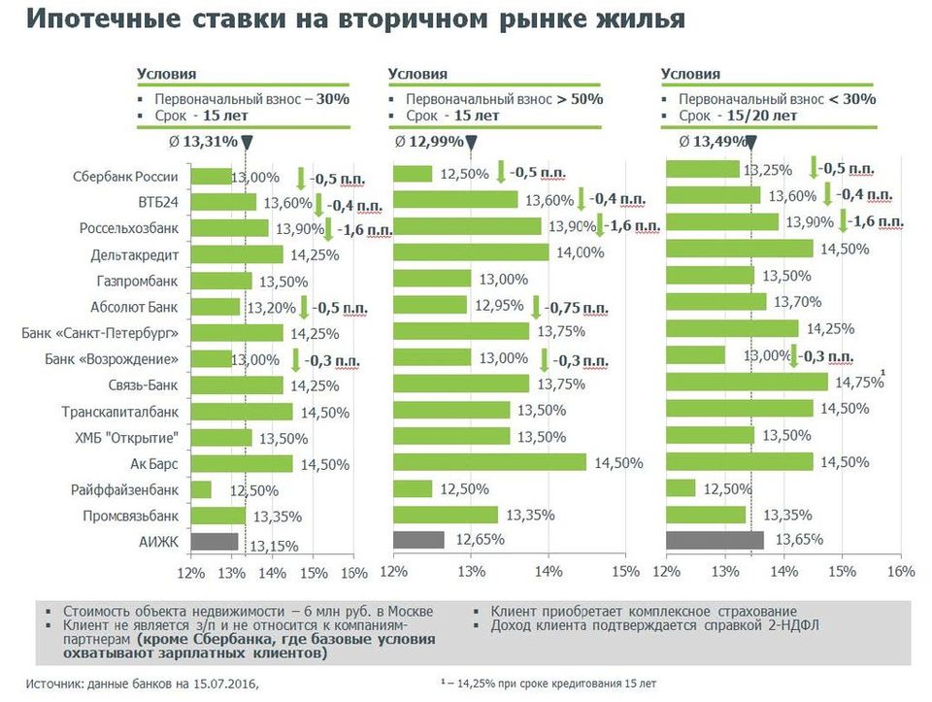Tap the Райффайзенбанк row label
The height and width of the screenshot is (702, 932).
pos(131,490)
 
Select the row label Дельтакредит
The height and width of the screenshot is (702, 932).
pos(135,255)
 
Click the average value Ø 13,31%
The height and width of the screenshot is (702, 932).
pos(202,141)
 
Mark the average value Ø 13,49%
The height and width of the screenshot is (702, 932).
pos(714,142)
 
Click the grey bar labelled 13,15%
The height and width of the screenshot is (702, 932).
pos(214,542)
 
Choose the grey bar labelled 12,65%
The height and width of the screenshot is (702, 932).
pos(417,540)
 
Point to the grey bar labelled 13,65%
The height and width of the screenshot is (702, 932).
pos(715,540)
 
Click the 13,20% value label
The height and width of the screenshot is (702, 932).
pos(269,308)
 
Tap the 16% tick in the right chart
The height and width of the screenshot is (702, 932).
pos(902,571)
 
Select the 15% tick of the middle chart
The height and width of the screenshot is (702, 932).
pos(625,571)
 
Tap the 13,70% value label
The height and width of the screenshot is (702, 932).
pos(785,302)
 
